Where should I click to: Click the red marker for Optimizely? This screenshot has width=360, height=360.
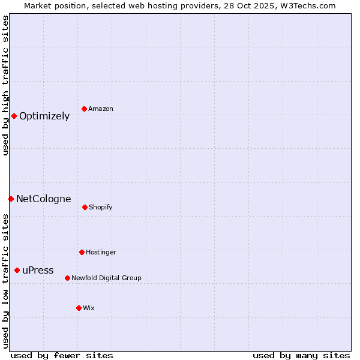pyautogui.click(x=14, y=116)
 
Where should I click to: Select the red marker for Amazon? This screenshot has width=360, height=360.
pyautogui.click(x=85, y=109)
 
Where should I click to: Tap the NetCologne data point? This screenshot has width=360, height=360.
pyautogui.click(x=11, y=199)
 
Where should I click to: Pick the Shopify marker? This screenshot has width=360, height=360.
pyautogui.click(x=85, y=207)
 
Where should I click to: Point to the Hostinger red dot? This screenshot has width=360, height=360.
pyautogui.click(x=82, y=252)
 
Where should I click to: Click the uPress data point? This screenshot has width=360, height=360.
pyautogui.click(x=17, y=270)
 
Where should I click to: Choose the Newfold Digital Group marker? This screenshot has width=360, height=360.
pyautogui.click(x=67, y=278)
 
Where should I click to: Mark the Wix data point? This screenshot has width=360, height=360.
pyautogui.click(x=79, y=308)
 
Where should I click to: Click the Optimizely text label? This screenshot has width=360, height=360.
pyautogui.click(x=44, y=116)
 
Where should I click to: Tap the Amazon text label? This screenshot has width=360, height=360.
pyautogui.click(x=101, y=109)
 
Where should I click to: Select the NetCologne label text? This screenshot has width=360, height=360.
pyautogui.click(x=43, y=199)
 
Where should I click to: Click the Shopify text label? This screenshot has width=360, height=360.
pyautogui.click(x=101, y=208)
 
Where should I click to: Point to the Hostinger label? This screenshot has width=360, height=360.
pyautogui.click(x=101, y=253)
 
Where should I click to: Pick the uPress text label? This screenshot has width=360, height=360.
pyautogui.click(x=38, y=271)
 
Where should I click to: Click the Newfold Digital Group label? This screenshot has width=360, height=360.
pyautogui.click(x=106, y=278)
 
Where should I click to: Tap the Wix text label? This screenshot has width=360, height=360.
pyautogui.click(x=89, y=308)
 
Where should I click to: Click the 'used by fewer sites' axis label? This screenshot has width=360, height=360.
pyautogui.click(x=62, y=355)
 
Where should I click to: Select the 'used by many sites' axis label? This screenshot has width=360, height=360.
pyautogui.click(x=301, y=355)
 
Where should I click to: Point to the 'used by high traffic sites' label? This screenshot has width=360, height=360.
pyautogui.click(x=5, y=85)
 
